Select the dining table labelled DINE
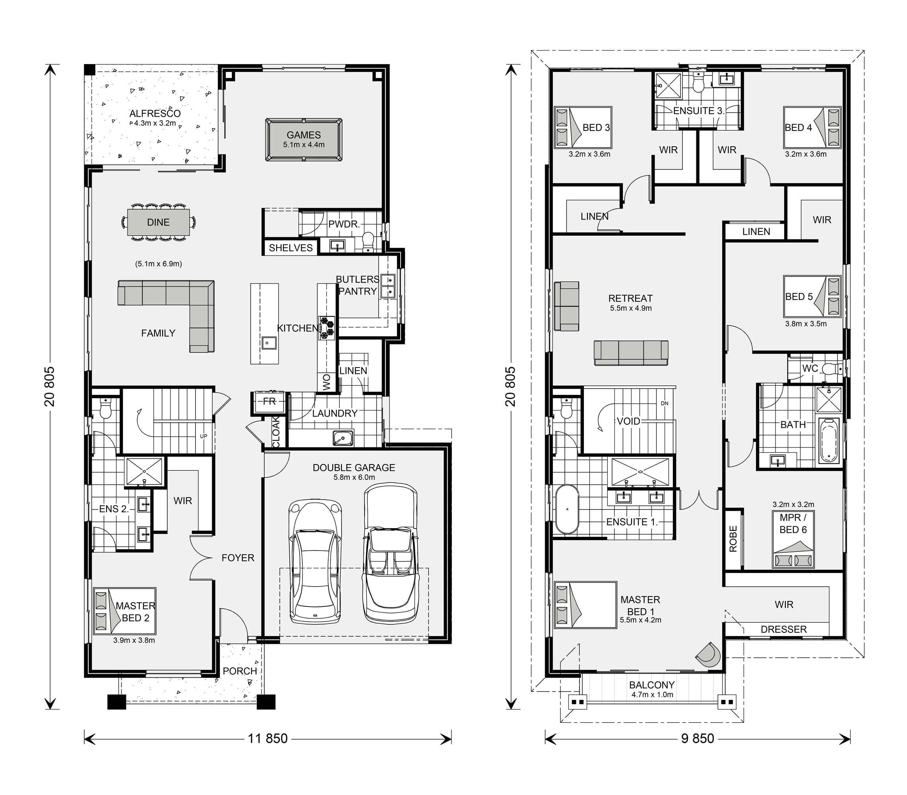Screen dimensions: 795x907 point(158,222)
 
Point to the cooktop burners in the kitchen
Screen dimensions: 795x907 point(326,328)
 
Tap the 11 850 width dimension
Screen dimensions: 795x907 point(267,738)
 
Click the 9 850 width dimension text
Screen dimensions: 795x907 point(697,738)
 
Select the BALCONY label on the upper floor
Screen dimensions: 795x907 point(652,684)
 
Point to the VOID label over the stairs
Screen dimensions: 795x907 point(628,421)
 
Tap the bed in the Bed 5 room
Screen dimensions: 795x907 point(812,296)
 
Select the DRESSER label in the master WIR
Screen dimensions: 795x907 point(783,629)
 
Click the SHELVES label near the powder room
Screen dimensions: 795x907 point(291,247)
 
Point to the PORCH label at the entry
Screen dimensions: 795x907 point(239,671)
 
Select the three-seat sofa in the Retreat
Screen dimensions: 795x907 point(630,353)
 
